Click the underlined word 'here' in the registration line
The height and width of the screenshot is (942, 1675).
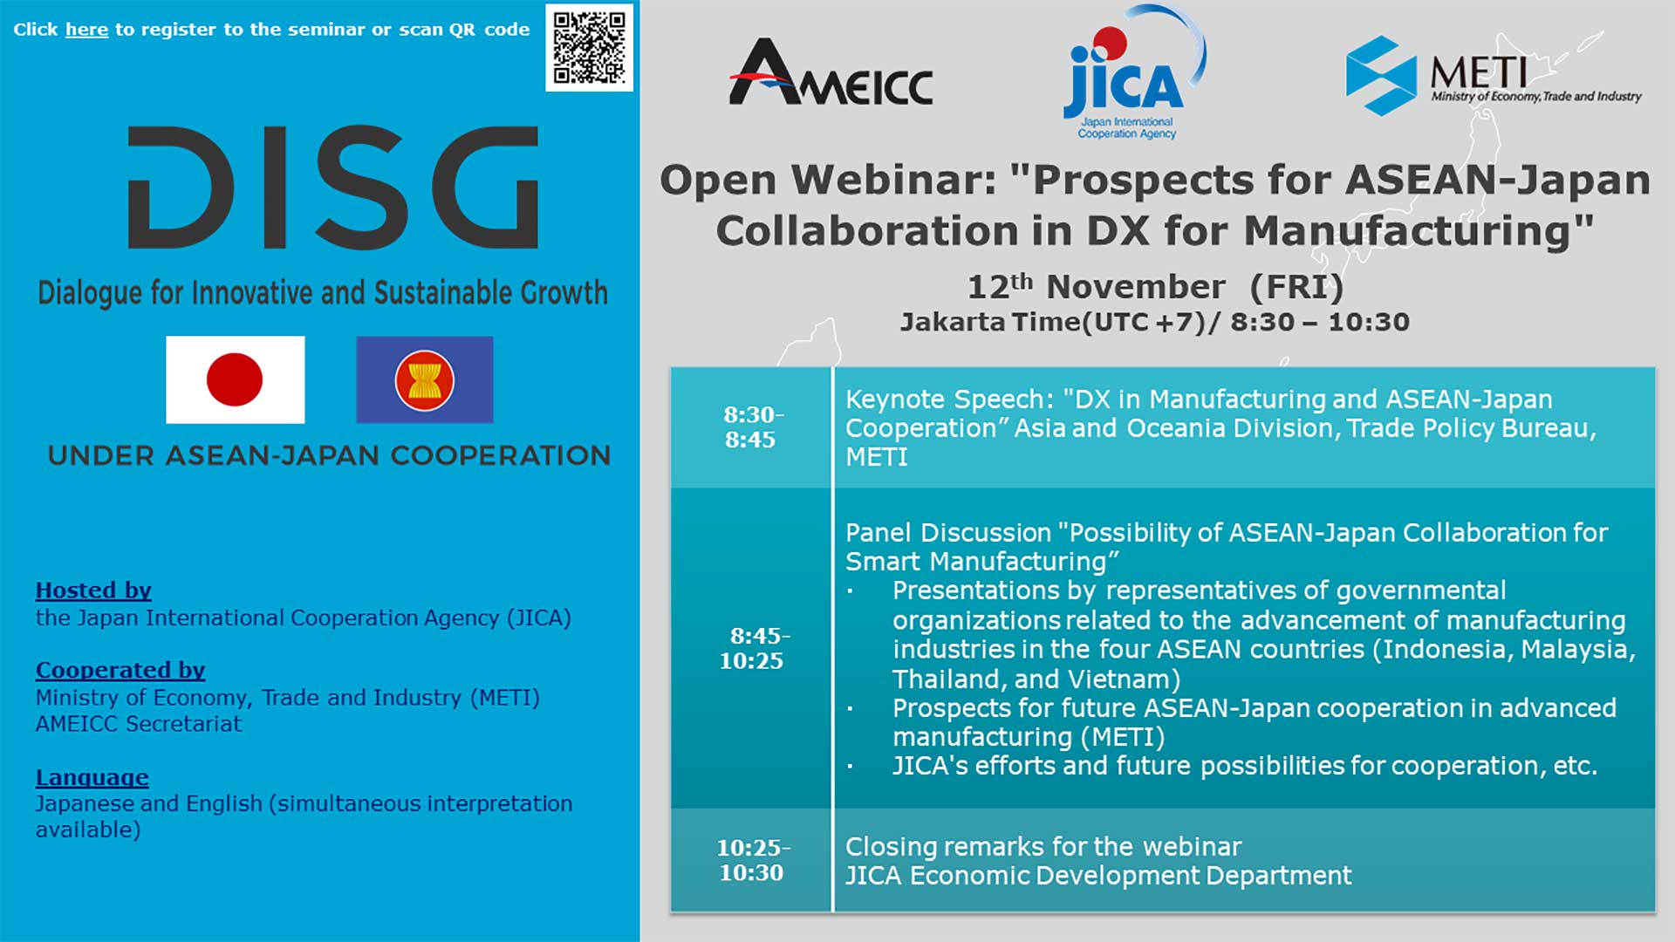tap(86, 30)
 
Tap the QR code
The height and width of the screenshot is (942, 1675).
tap(590, 48)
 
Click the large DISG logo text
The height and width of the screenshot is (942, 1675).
tap(333, 187)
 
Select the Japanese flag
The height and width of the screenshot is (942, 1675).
tap(236, 380)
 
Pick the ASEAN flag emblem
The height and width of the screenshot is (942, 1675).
tap(425, 380)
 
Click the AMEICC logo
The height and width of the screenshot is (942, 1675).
tap(831, 72)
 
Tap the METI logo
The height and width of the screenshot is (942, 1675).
tap(1493, 76)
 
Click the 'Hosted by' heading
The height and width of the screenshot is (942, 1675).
tap(93, 590)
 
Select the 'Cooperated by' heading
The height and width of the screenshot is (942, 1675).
tap(120, 670)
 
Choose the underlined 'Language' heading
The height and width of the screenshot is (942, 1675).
tap(92, 777)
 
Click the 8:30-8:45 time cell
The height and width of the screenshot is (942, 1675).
tap(751, 427)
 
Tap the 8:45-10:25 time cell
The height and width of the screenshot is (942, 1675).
tap(751, 648)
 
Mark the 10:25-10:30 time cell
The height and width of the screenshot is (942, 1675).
tap(751, 860)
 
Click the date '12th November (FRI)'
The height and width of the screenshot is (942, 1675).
tap(1155, 286)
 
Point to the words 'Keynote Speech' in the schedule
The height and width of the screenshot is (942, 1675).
tap(949, 399)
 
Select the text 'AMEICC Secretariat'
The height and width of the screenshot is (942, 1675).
tap(139, 724)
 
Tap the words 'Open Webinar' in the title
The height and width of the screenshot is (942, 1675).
tap(828, 181)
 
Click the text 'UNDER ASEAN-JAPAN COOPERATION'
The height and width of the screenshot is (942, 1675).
tap(329, 455)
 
